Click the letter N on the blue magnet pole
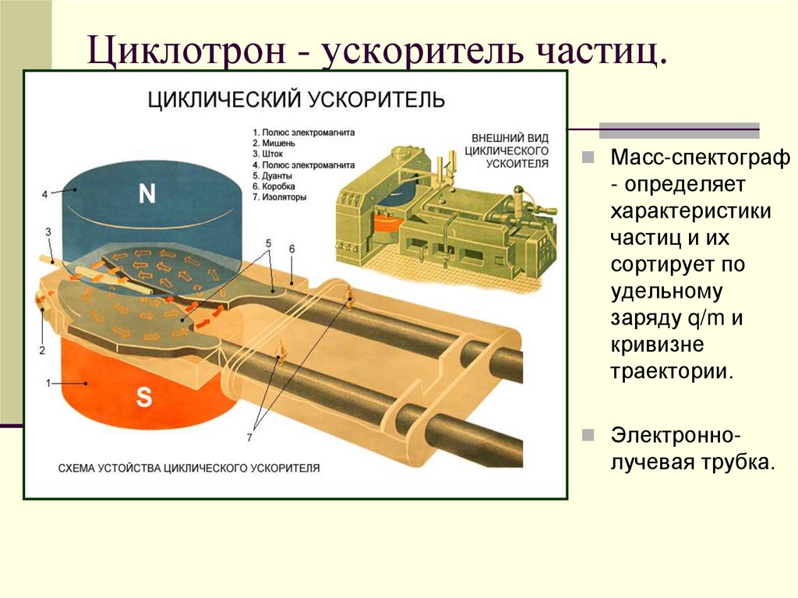click(147, 195)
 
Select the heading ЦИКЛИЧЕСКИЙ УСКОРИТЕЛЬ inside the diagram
click(297, 100)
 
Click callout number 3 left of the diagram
click(48, 232)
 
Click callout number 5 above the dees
click(268, 244)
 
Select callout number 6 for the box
click(291, 249)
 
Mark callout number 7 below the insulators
click(249, 437)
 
